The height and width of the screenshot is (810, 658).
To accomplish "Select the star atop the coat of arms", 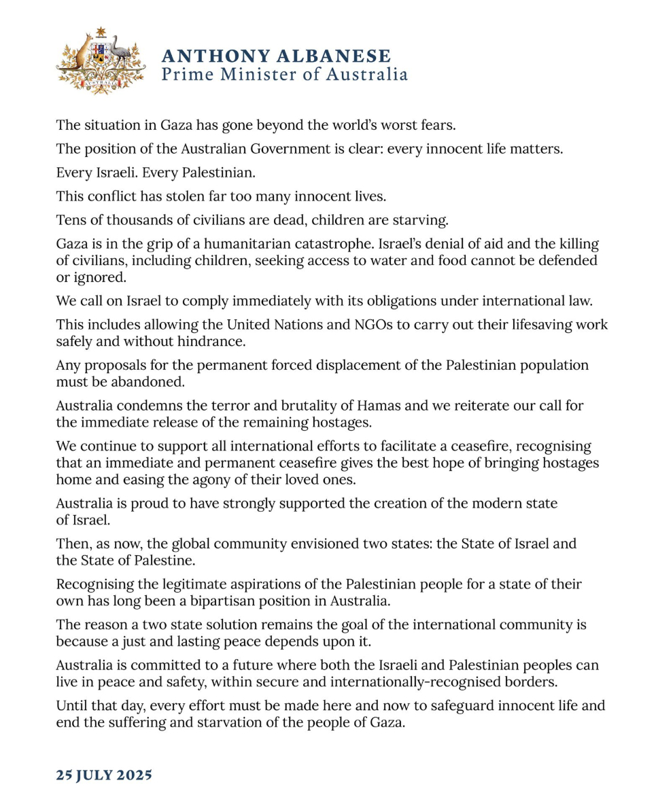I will (101, 31).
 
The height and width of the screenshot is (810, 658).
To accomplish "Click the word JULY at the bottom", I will (89, 775).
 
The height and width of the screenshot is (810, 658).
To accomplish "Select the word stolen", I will (190, 197).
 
